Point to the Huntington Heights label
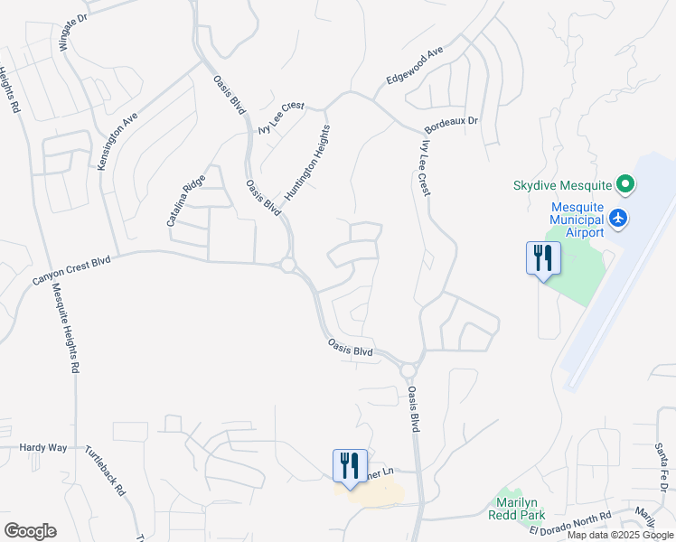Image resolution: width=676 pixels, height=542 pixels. click(x=307, y=163)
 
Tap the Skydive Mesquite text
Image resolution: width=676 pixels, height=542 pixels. click(x=563, y=185)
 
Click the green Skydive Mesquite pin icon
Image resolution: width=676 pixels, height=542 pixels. click(x=625, y=186)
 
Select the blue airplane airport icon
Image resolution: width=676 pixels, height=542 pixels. click(x=618, y=218)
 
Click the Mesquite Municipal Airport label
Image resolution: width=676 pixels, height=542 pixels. click(x=565, y=220)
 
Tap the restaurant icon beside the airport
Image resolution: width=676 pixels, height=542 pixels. click(x=542, y=258)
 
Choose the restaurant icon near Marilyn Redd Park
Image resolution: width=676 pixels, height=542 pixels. click(x=350, y=465)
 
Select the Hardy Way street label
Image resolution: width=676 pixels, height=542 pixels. click(x=43, y=447)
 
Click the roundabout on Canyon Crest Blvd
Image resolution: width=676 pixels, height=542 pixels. click(x=288, y=266)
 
